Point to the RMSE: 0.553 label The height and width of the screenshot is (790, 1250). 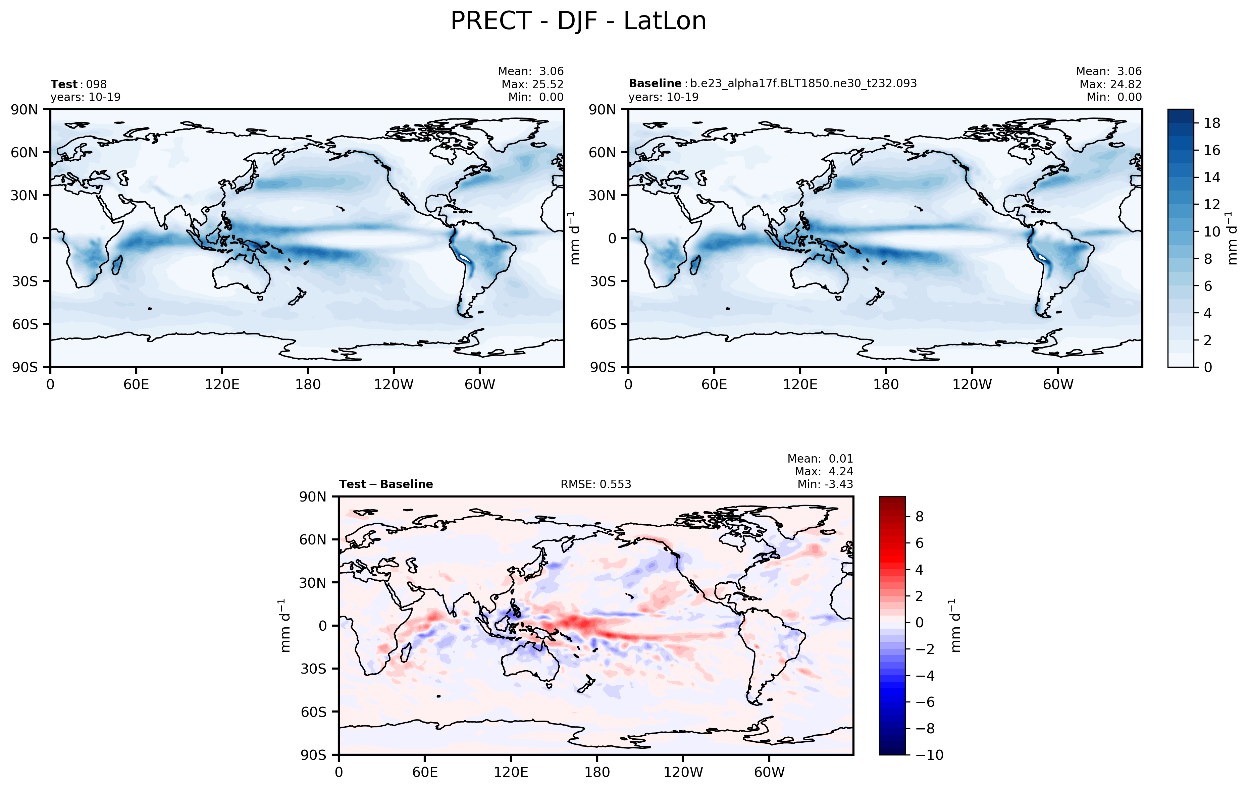595,484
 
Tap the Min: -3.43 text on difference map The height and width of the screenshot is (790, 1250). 825,484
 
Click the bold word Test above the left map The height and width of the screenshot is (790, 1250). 64,84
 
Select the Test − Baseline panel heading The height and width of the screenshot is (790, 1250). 386,484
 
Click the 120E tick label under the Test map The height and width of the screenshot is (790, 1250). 222,385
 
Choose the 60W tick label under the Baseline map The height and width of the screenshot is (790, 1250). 1057,385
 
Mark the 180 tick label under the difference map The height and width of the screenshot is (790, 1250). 597,772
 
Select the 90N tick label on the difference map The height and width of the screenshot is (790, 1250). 313,497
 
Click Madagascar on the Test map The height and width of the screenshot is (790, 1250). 117,265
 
